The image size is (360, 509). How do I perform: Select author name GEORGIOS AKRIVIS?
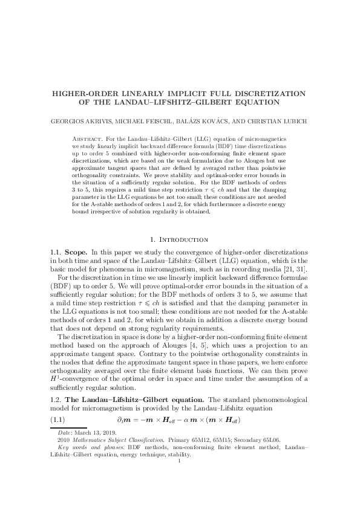pyautogui.click(x=77, y=121)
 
